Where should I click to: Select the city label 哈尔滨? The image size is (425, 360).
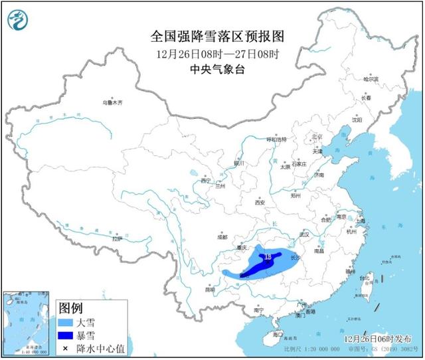click(x=371, y=79)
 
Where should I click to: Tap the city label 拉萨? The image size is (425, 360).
click(x=118, y=238)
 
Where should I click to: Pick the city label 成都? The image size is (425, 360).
click(x=221, y=236)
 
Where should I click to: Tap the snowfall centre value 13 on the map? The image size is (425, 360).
click(x=268, y=256)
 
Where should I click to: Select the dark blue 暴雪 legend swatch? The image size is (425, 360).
click(x=66, y=335)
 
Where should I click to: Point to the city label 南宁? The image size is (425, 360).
click(x=259, y=310)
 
